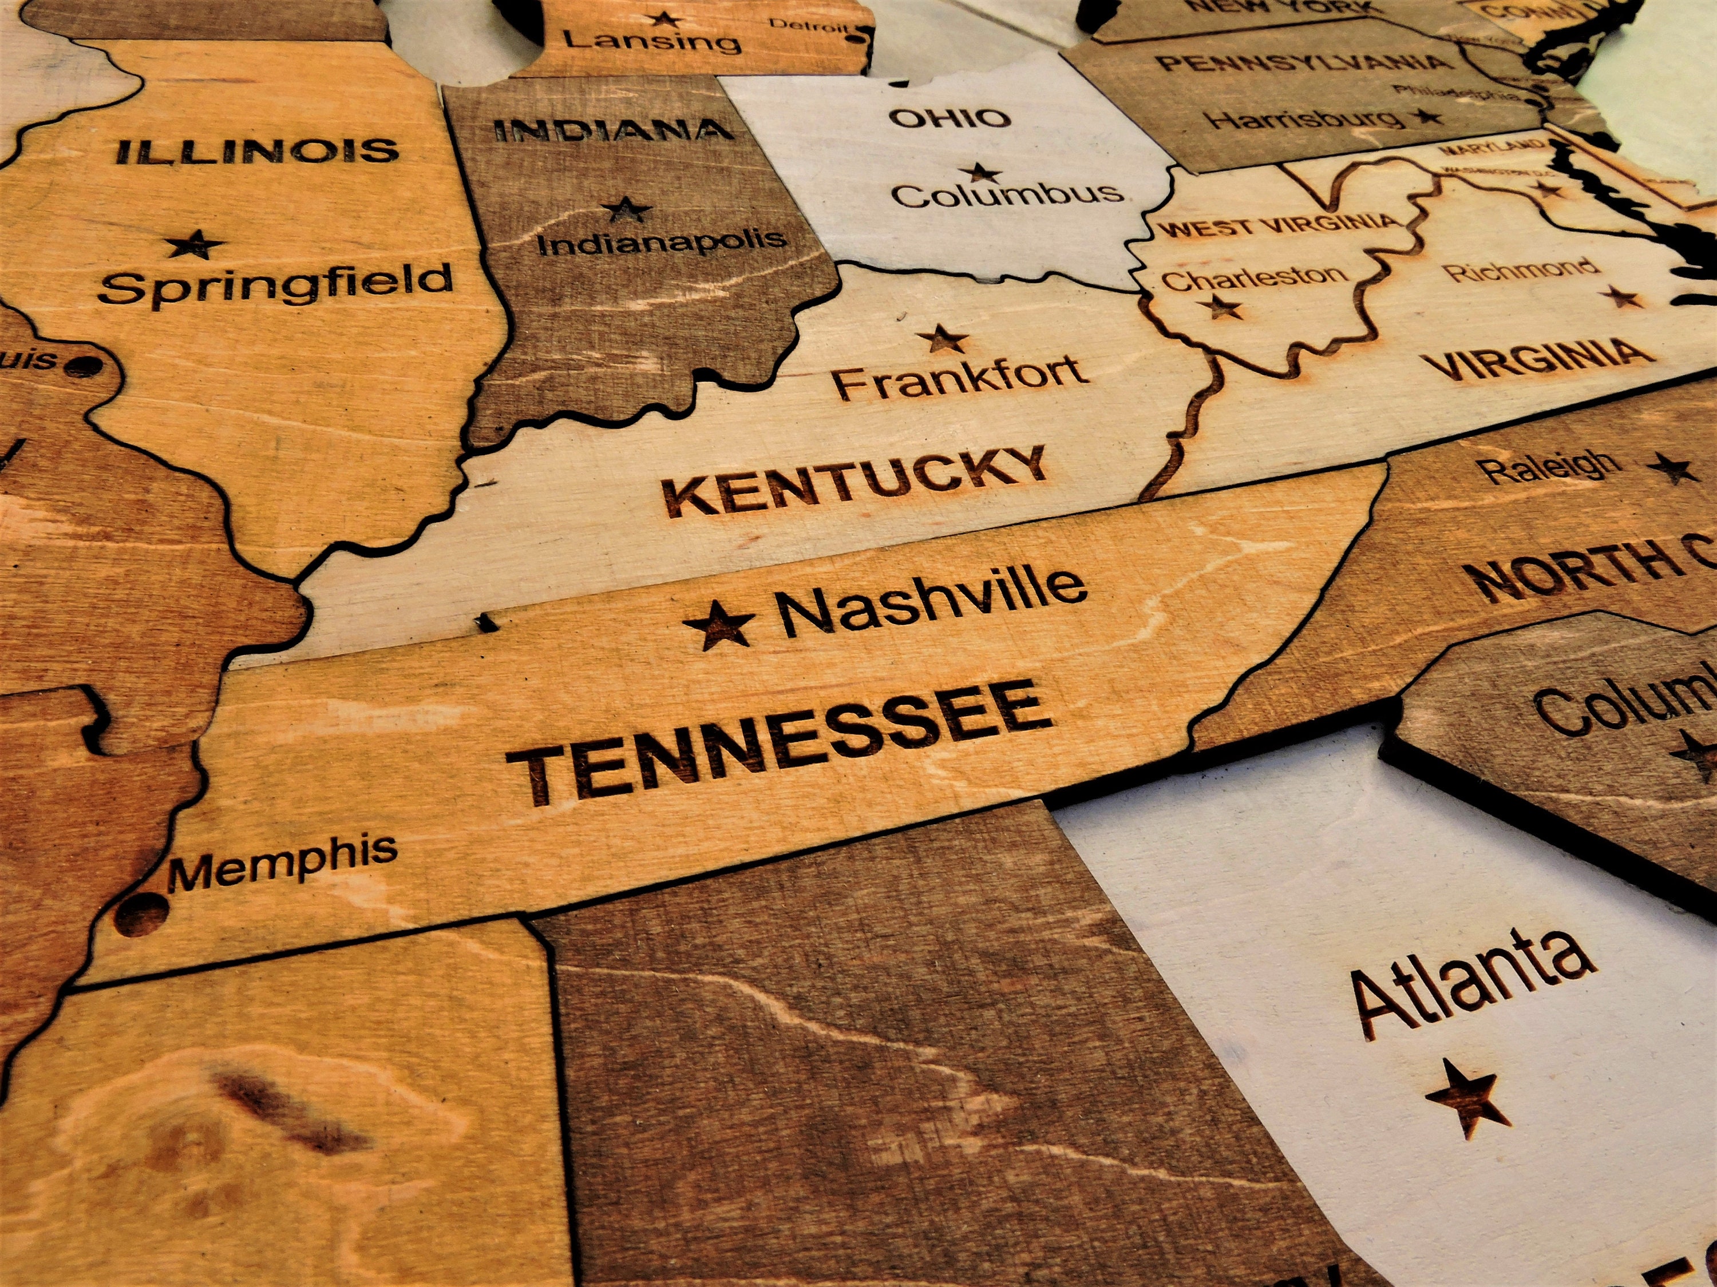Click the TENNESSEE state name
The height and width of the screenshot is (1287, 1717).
(780, 742)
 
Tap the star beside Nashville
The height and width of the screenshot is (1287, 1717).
(719, 625)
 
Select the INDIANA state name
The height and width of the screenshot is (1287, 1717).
(613, 130)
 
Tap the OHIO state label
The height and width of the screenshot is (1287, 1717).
(950, 119)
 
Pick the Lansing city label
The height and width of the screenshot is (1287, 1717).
(652, 41)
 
